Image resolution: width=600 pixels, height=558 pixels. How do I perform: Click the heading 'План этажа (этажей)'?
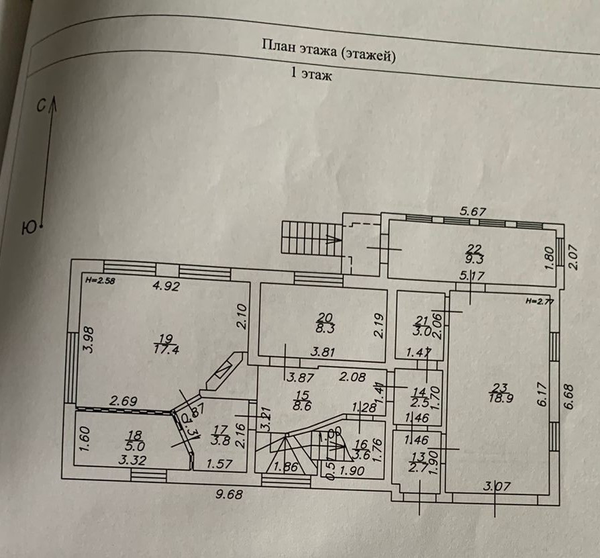coord(328,51)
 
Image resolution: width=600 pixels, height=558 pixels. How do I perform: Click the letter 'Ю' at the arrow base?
coord(29,228)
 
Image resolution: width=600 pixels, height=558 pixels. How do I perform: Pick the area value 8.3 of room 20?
coord(326,328)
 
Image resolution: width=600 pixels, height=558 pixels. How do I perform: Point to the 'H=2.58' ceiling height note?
coord(100,281)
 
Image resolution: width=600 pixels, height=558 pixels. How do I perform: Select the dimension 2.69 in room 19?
coord(124,401)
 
